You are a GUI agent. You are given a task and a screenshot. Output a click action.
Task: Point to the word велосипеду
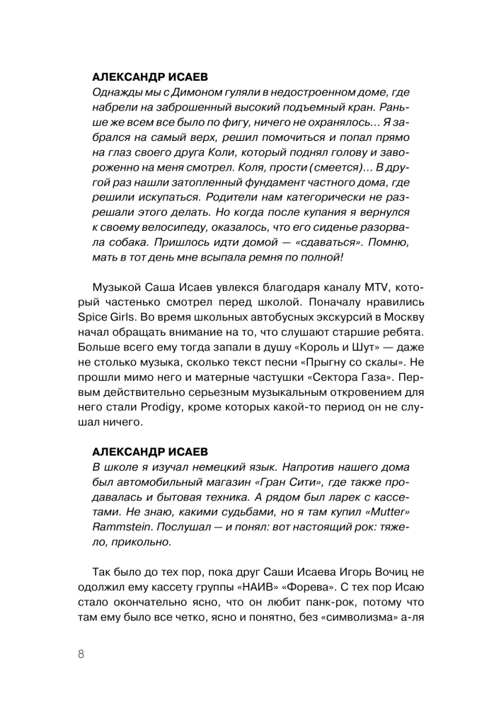point(175,227)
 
